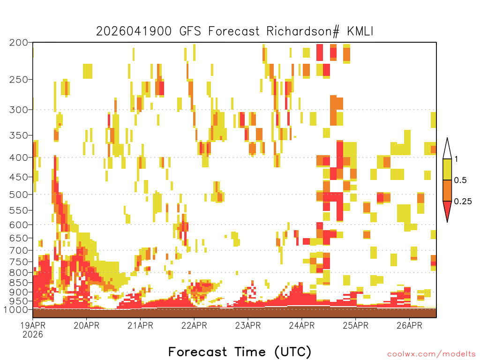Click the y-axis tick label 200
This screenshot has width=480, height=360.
pyautogui.click(x=19, y=43)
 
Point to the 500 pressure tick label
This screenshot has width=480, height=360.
pyautogui.click(x=19, y=195)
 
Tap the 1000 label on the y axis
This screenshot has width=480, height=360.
pyautogui.click(x=16, y=310)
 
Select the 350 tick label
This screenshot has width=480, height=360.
pyautogui.click(x=19, y=135)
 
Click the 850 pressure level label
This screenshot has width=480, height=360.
pyautogui.click(x=19, y=283)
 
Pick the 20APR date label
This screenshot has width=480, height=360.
pyautogui.click(x=87, y=325)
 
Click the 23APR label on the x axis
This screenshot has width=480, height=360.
pyautogui.click(x=248, y=325)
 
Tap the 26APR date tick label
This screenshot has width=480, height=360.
pyautogui.click(x=409, y=325)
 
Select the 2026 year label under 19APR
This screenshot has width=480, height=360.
pyautogui.click(x=33, y=335)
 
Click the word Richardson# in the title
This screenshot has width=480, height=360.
pyautogui.click(x=303, y=31)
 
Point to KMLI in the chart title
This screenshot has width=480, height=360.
pyautogui.click(x=360, y=31)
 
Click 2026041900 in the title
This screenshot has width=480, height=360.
pyautogui.click(x=134, y=31)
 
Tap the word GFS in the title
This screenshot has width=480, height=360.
pyautogui.click(x=190, y=31)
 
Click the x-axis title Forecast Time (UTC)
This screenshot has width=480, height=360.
pyautogui.click(x=240, y=352)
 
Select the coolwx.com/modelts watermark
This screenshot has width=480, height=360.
pyautogui.click(x=431, y=354)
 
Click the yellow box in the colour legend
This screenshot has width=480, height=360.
pyautogui.click(x=447, y=169)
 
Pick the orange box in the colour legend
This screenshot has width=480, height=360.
pyautogui.click(x=447, y=190)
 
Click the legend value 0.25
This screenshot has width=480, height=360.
pyautogui.click(x=463, y=202)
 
